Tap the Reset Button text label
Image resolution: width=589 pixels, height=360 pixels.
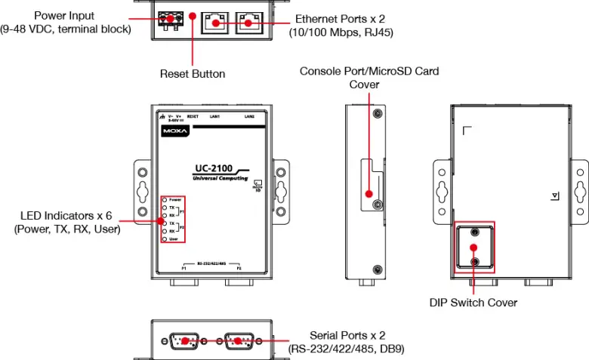coord(193,74)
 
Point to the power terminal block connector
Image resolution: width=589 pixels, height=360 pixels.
coord(171,22)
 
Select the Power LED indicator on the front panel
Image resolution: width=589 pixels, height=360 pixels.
coord(164,198)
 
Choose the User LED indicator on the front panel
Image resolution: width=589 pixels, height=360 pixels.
coord(164,238)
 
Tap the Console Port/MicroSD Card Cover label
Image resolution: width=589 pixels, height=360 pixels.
coord(369,78)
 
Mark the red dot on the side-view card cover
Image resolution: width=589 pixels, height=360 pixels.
coord(369,192)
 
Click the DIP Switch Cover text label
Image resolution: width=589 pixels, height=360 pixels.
coord(473,303)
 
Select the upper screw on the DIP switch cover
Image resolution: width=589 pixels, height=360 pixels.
coord(474,232)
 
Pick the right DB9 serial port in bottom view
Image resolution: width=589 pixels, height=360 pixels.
coord(239,340)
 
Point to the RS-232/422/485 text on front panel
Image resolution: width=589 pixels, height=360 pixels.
coord(211,264)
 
